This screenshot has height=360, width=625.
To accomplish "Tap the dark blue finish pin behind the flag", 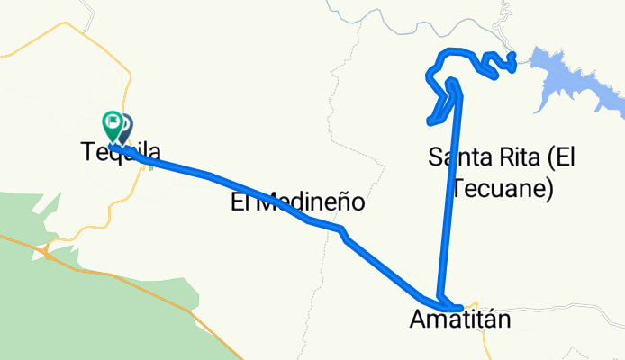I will (x=124, y=126).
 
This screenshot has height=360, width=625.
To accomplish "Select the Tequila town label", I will (x=122, y=154).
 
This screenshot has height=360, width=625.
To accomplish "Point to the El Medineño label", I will (x=298, y=203).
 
